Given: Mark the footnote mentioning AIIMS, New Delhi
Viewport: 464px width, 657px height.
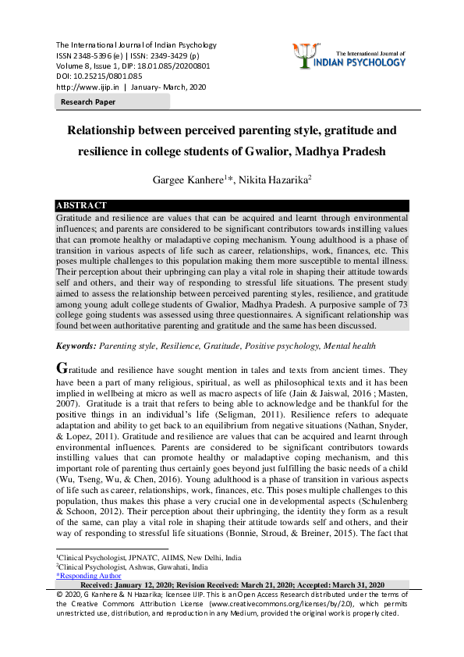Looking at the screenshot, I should (x=149, y=558).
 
